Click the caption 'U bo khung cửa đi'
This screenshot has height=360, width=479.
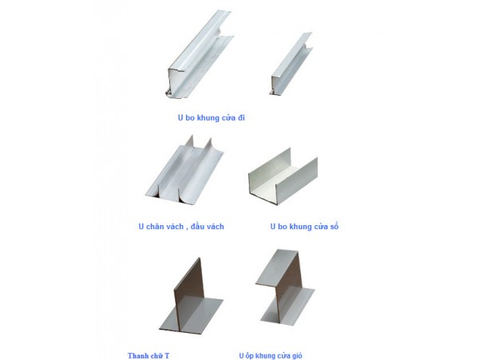[212, 117]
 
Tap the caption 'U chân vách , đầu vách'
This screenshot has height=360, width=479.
[181, 227]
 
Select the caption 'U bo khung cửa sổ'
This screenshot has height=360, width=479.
[305, 226]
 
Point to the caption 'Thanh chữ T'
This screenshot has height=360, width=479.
[148, 356]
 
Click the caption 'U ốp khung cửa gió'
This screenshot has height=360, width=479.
[271, 356]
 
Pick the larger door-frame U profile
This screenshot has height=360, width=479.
[200, 54]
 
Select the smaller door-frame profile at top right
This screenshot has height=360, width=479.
[291, 63]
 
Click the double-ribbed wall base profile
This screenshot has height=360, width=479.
[185, 170]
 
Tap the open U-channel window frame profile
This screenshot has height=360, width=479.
[283, 176]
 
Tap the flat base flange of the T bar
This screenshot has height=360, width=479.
[192, 315]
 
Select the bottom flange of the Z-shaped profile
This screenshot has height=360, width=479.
[287, 307]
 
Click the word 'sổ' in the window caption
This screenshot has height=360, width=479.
[334, 226]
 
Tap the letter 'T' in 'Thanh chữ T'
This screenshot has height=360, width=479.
[167, 356]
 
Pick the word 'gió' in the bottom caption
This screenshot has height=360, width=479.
[296, 356]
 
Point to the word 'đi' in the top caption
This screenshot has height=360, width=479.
[241, 117]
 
